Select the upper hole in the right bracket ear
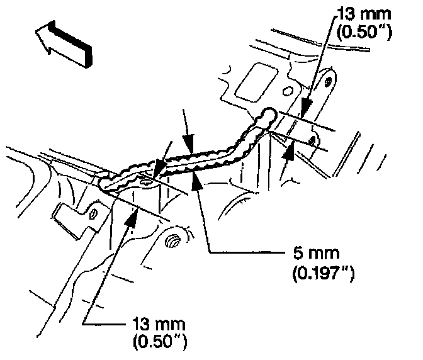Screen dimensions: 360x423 [327, 81]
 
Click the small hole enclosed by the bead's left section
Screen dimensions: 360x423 [146, 181]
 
